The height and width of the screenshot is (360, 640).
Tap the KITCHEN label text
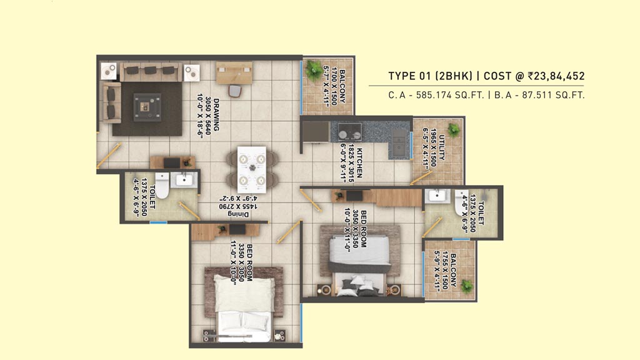point(359,162)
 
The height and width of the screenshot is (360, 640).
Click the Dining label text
point(238,214)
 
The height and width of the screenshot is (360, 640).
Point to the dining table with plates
point(252,169)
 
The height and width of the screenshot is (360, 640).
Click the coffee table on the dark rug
point(147,107)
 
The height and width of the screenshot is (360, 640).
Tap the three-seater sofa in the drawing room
point(151,72)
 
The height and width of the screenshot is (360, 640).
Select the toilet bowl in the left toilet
point(162,185)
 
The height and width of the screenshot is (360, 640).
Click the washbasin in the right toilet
point(437,196)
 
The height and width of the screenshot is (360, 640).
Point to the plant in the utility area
point(454,130)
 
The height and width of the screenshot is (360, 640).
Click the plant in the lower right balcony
point(466,286)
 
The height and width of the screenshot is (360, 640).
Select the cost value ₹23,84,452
point(556,76)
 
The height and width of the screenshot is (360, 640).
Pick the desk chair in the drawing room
point(235,90)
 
